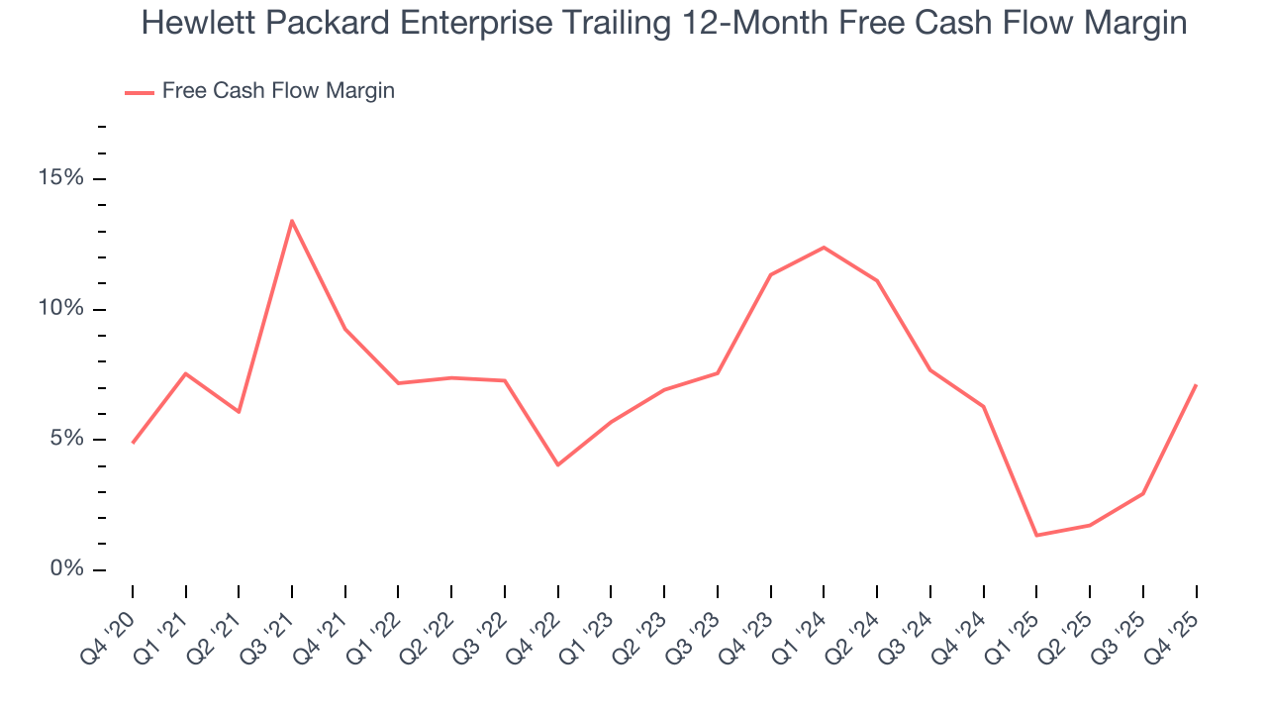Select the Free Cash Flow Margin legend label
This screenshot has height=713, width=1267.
[278, 91]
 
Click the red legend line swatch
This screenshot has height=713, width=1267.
[139, 92]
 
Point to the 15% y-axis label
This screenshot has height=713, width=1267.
[60, 178]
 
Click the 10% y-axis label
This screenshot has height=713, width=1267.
[60, 309]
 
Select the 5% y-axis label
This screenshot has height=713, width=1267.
[66, 440]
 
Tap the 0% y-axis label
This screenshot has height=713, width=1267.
[66, 569]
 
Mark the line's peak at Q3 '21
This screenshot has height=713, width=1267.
[292, 221]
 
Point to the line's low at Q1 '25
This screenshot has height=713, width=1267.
[1036, 536]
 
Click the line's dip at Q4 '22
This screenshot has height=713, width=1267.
[558, 464]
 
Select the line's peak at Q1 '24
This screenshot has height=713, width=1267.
[824, 248]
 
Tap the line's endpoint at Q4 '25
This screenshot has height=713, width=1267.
[1196, 385]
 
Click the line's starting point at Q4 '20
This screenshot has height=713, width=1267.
[133, 443]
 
